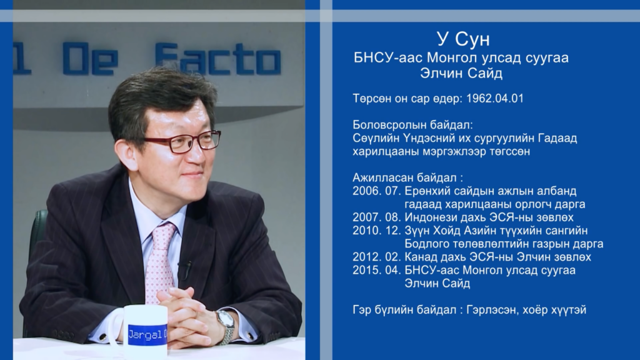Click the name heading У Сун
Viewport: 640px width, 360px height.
click(463, 39)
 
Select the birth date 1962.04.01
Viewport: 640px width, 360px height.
click(495, 98)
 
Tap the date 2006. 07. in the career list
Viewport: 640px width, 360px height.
click(377, 191)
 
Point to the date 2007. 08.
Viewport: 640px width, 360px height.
click(377, 217)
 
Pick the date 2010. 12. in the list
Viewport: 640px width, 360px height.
click(377, 231)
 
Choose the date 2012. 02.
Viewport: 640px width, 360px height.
click(377, 257)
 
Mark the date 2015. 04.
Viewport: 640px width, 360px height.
click(377, 270)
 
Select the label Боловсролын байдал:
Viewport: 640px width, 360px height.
click(412, 125)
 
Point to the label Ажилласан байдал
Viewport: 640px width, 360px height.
click(404, 178)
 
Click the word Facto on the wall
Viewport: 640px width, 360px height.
click(218, 59)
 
